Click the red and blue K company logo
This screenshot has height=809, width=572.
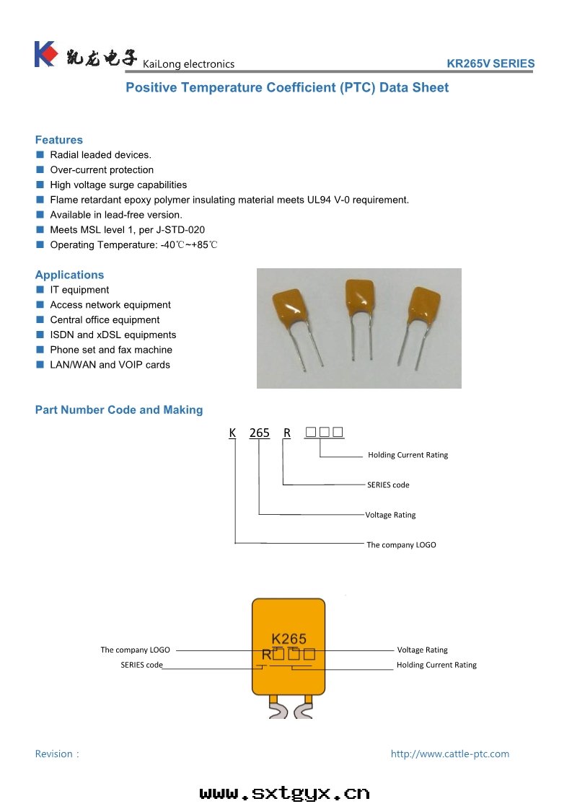pyautogui.click(x=45, y=54)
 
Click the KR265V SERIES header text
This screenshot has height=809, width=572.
pyautogui.click(x=490, y=63)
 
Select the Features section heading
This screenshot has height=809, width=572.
pyautogui.click(x=59, y=140)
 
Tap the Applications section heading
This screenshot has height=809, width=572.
pyautogui.click(x=69, y=275)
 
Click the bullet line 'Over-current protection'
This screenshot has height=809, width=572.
pyautogui.click(x=102, y=170)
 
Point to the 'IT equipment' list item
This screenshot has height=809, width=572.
pyautogui.click(x=79, y=290)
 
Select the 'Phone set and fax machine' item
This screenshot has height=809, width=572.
pyautogui.click(x=111, y=350)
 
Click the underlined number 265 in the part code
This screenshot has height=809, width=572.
pyautogui.click(x=259, y=433)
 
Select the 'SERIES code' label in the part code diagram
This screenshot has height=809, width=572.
pyautogui.click(x=388, y=485)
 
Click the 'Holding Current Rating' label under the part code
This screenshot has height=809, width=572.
pyautogui.click(x=408, y=455)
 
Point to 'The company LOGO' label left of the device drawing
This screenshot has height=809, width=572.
pyautogui.click(x=135, y=650)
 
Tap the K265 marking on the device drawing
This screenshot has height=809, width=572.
pyautogui.click(x=289, y=638)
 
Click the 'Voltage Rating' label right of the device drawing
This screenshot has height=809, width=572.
pyautogui.click(x=422, y=650)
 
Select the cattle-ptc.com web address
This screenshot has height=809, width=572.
pyautogui.click(x=449, y=753)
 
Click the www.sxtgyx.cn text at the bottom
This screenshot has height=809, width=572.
pyautogui.click(x=284, y=793)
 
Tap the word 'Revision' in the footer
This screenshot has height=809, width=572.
pyautogui.click(x=54, y=753)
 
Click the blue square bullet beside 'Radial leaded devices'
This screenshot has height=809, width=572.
pyautogui.click(x=40, y=155)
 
